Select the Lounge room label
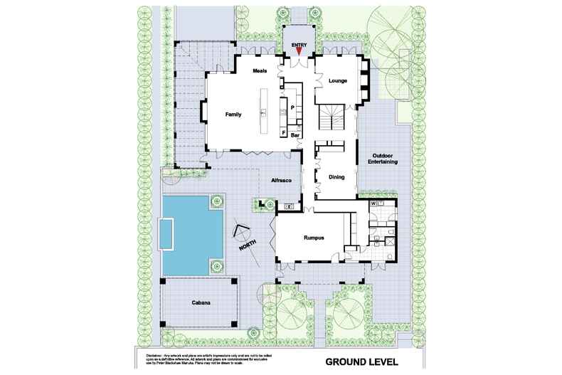[337, 81]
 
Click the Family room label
[233, 114]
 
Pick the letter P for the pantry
[292, 107]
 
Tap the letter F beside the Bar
[284, 133]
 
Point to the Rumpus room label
[314, 238]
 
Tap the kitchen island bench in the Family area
[265, 111]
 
